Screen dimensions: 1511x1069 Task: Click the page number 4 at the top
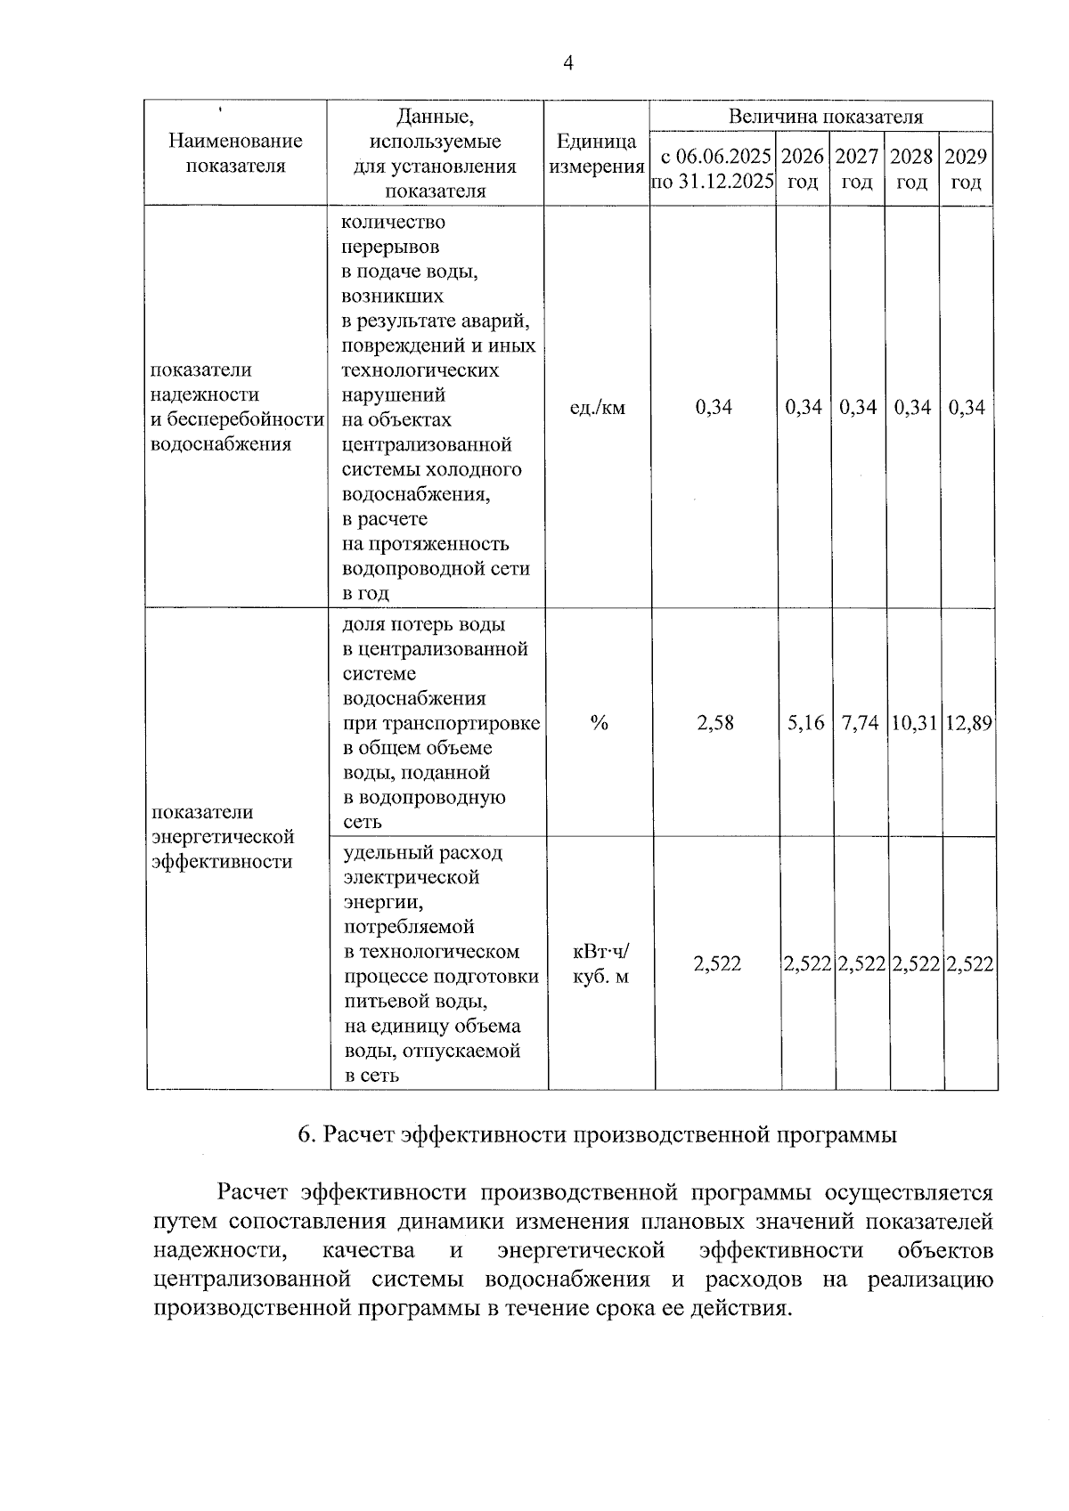click(568, 62)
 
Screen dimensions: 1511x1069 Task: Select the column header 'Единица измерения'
click(596, 154)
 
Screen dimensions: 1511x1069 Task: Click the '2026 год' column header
click(803, 169)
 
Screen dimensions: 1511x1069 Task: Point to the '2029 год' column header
click(966, 169)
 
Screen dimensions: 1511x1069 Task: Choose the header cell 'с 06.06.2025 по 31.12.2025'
click(713, 169)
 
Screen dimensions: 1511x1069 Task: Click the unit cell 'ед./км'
click(597, 408)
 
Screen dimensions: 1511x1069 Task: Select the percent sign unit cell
click(599, 723)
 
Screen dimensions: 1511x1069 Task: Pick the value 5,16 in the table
click(805, 723)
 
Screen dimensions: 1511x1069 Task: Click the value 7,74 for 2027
click(860, 723)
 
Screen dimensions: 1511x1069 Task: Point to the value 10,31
click(913, 723)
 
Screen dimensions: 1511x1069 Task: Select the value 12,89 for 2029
click(968, 723)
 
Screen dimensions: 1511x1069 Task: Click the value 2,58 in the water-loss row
click(715, 723)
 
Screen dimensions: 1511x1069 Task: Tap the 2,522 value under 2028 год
click(917, 963)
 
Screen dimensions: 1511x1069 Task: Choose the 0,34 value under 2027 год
click(858, 408)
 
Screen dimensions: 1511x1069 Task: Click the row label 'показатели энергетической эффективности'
click(223, 837)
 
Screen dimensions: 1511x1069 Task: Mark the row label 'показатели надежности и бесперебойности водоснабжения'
click(236, 407)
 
